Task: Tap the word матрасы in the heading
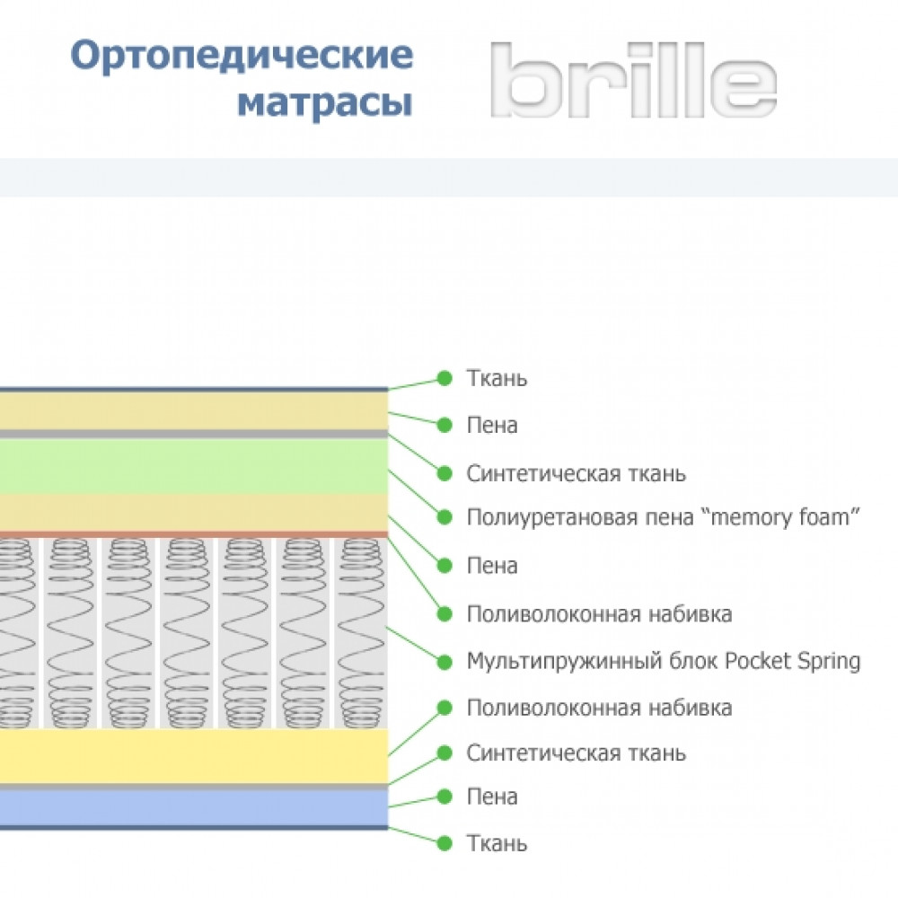(x=325, y=103)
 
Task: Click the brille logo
(x=633, y=80)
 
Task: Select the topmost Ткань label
(x=497, y=379)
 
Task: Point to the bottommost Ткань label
(x=497, y=843)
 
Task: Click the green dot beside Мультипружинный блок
(x=445, y=662)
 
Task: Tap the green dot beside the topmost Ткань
(x=445, y=378)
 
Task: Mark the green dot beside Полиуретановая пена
(x=445, y=517)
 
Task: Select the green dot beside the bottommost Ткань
(x=445, y=843)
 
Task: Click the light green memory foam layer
(x=194, y=466)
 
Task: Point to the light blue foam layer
(x=194, y=807)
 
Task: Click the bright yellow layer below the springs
(x=194, y=756)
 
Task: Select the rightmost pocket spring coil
(x=361, y=633)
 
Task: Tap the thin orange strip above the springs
(x=194, y=534)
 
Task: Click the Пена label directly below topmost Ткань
(x=492, y=426)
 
